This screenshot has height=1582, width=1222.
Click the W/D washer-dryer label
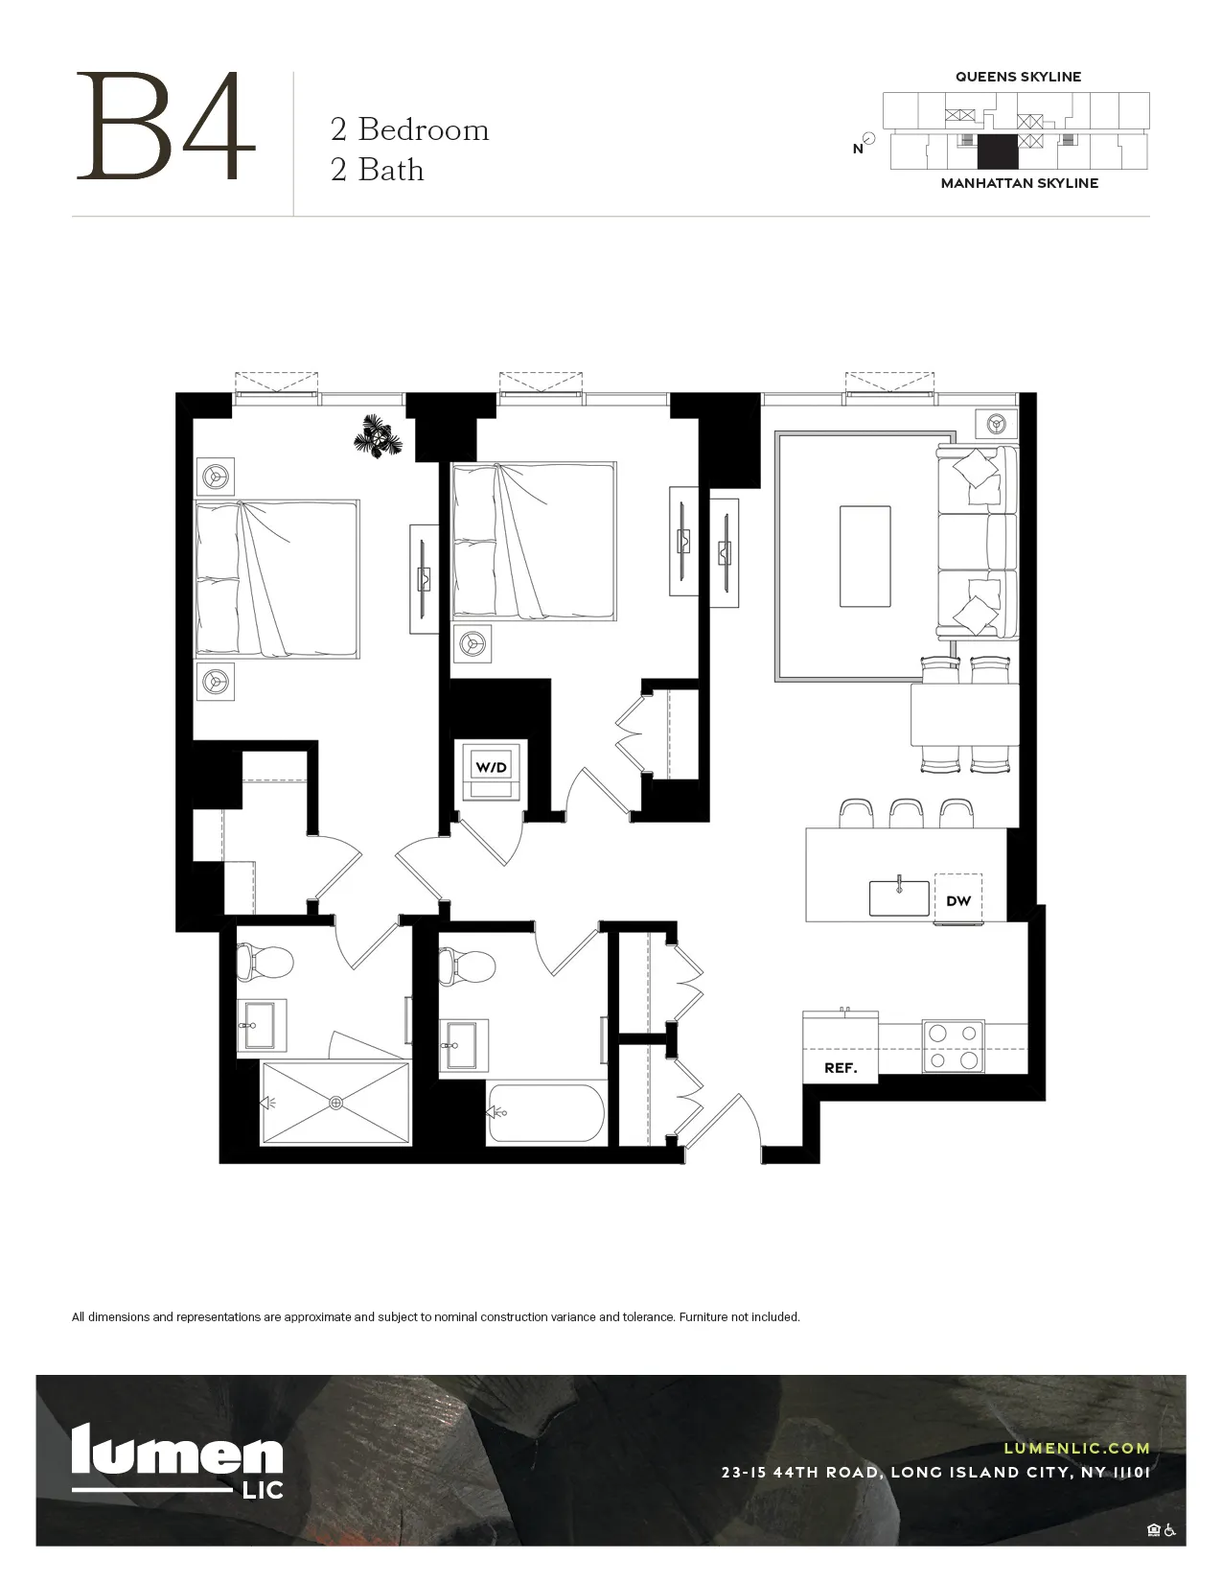pos(491,767)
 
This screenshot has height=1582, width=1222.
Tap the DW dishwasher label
pos(957,900)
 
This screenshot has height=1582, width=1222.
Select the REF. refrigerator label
pos(841,1067)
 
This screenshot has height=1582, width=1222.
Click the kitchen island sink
pos(899,897)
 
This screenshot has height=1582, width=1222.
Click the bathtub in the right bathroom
pos(546,1112)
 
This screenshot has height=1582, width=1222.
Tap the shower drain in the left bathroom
pos(335,1103)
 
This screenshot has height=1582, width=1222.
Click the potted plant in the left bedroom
pos(380,438)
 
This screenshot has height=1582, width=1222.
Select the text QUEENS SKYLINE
pos(1018,77)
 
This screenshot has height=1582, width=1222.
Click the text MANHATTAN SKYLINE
pos(1019,183)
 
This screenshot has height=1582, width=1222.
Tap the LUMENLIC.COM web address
pos(1076,1449)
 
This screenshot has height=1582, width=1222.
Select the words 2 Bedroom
pos(409,129)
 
